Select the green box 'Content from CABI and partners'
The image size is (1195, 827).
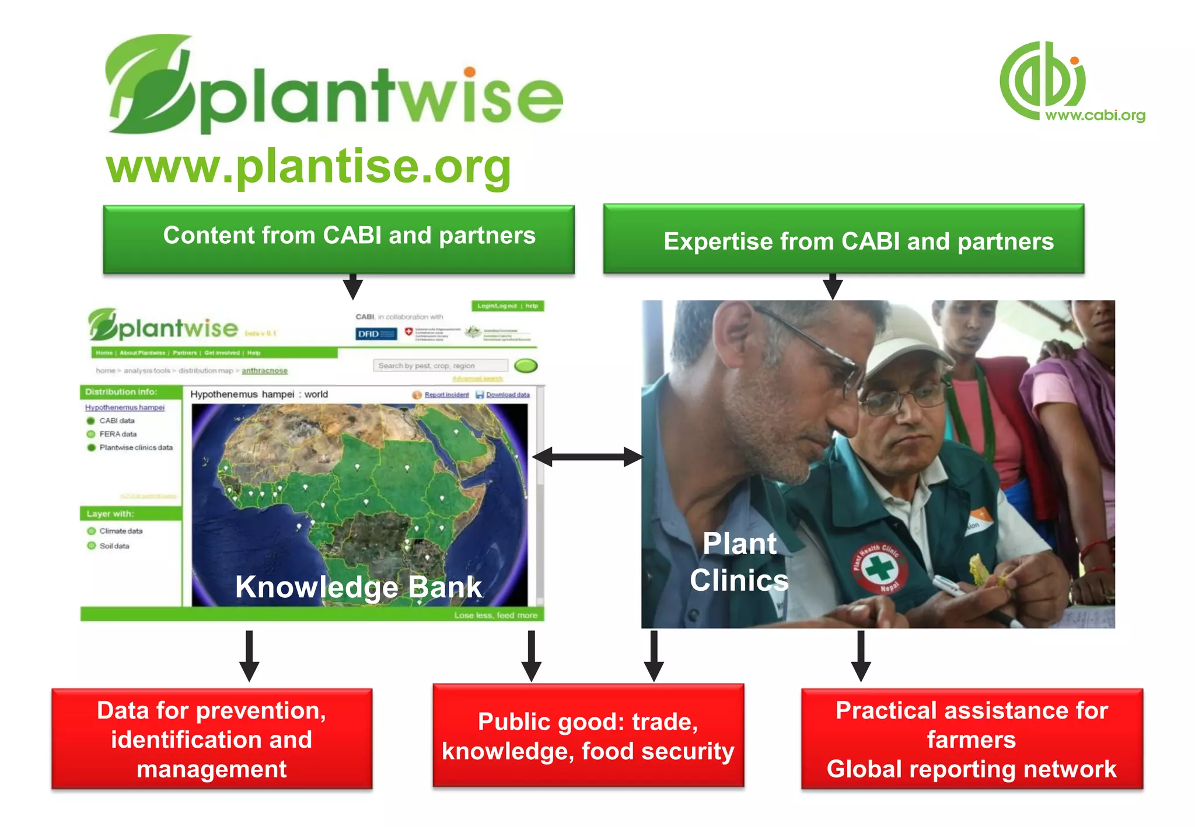(339, 239)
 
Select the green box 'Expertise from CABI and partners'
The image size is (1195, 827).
(844, 239)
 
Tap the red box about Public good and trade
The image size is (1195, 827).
(588, 736)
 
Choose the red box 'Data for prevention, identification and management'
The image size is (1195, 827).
(212, 739)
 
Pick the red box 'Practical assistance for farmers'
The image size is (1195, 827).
(972, 739)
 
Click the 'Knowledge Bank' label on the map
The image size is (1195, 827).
(358, 587)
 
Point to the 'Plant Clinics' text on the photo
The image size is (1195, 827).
(739, 562)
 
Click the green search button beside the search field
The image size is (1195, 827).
(526, 366)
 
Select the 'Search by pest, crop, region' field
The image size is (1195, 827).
(440, 366)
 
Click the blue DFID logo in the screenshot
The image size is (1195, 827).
(376, 334)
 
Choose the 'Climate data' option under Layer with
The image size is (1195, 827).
(120, 531)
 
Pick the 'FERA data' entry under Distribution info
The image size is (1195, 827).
(117, 434)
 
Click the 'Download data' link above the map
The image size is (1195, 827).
(507, 395)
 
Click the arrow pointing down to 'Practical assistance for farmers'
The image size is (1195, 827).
(861, 656)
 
